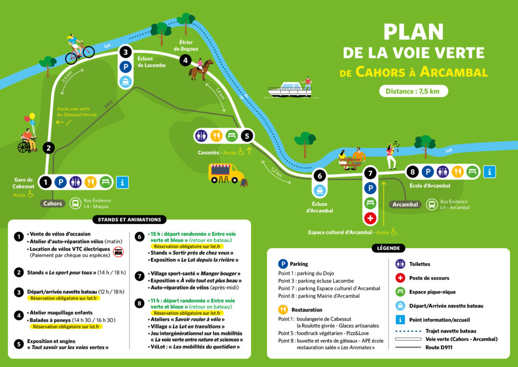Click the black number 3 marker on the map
[125, 52]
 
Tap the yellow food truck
[226, 173]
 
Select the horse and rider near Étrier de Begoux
[200, 69]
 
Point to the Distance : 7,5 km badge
[413, 91]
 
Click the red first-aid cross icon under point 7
[370, 218]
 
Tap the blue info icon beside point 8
[490, 171]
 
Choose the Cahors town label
[53, 203]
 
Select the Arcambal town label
[405, 204]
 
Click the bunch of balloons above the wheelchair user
[30, 119]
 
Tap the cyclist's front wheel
[89, 52]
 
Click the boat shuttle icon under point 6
[320, 191]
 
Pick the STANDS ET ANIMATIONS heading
[129, 219]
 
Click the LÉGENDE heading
[388, 248]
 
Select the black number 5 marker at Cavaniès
[247, 135]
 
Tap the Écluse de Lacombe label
[151, 62]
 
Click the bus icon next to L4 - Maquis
[75, 203]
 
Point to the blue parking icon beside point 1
[61, 182]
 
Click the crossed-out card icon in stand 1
[118, 252]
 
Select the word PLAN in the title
[413, 32]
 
